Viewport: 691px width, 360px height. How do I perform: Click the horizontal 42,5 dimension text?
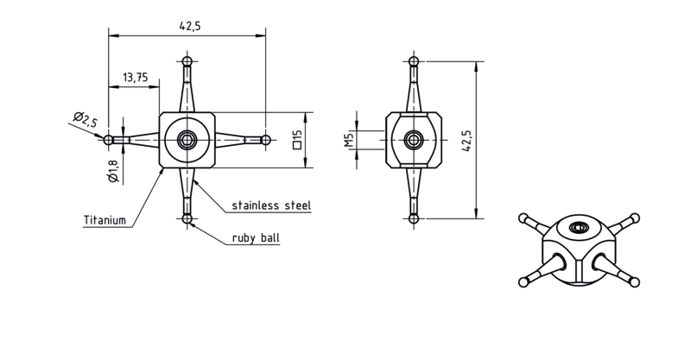tap(190, 26)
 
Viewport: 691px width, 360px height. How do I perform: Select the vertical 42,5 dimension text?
tap(466, 141)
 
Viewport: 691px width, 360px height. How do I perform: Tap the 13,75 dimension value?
tap(136, 78)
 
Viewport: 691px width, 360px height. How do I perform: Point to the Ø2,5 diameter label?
tap(86, 119)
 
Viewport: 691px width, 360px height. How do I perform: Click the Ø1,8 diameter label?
tap(113, 171)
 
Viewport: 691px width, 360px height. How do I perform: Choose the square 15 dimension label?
tap(297, 139)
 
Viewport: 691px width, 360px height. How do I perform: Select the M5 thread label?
tap(350, 139)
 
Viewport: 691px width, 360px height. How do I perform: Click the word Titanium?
tap(105, 220)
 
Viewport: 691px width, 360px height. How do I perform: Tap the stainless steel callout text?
tap(271, 205)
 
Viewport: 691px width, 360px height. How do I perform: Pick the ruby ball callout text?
tap(256, 238)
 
